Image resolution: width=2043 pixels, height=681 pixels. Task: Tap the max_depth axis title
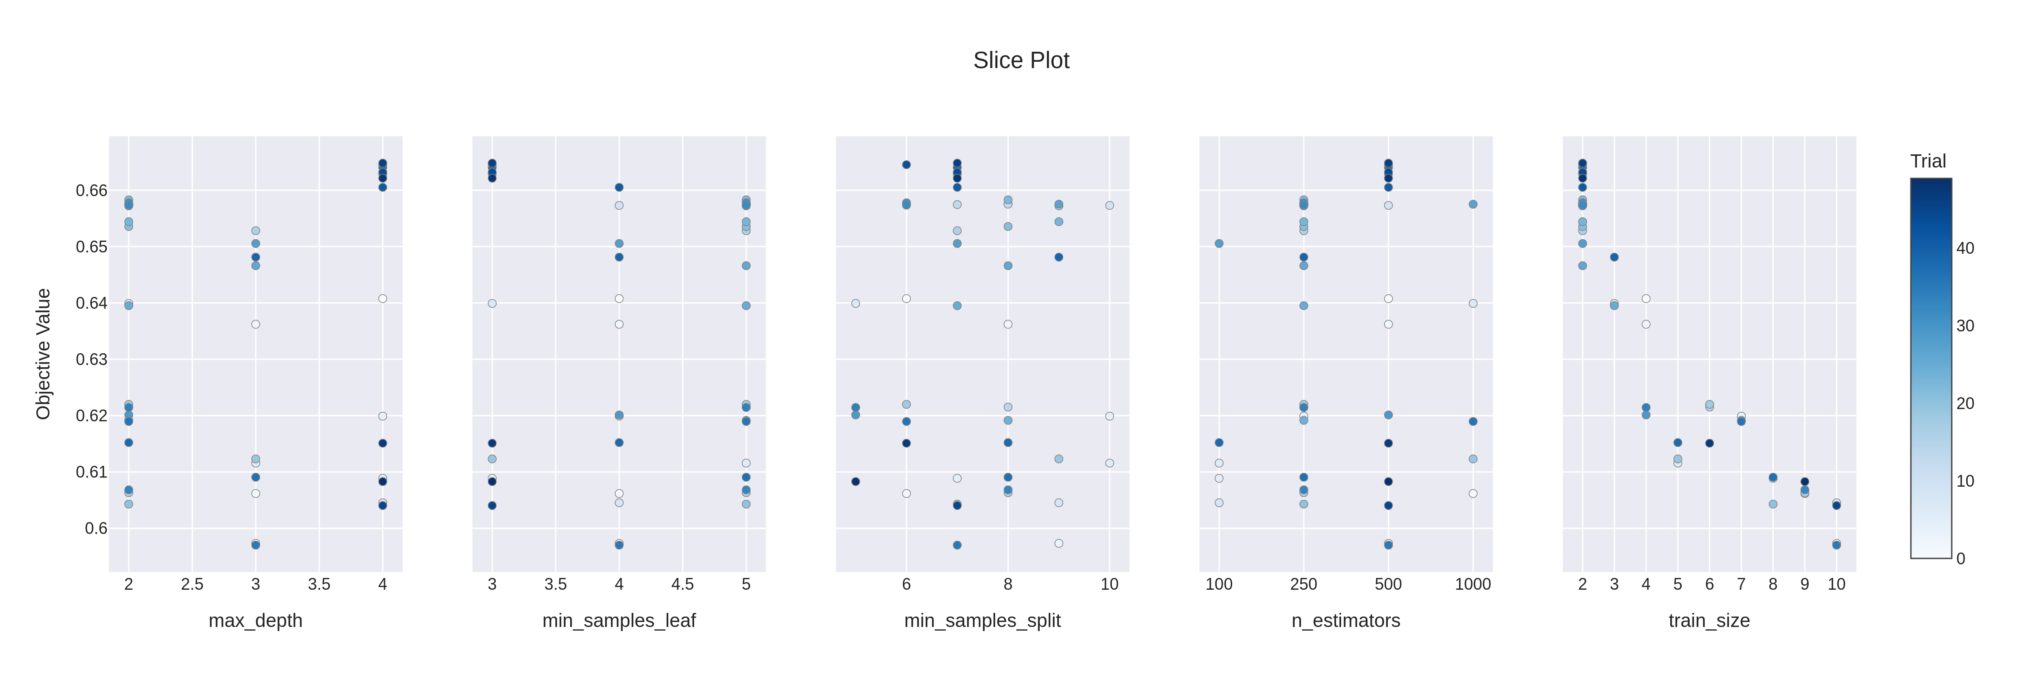click(x=255, y=620)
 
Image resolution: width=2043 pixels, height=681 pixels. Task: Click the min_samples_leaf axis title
click(x=619, y=620)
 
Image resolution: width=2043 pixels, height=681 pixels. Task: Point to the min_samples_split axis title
click(x=982, y=620)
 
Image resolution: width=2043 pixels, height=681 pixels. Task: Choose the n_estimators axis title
click(x=1345, y=620)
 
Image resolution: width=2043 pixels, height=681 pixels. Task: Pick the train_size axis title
click(x=1709, y=620)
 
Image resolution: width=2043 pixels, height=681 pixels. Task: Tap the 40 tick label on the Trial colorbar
click(x=1964, y=248)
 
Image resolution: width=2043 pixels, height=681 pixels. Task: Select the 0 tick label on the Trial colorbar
click(x=1960, y=559)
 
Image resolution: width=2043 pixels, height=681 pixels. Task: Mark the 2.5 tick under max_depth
click(x=192, y=584)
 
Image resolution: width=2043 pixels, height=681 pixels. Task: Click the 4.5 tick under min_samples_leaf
click(x=682, y=584)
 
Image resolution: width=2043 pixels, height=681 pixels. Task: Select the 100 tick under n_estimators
click(x=1219, y=584)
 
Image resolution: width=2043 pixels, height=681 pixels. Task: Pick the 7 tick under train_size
click(x=1741, y=584)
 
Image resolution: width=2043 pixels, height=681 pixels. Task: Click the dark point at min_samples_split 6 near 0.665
click(x=907, y=165)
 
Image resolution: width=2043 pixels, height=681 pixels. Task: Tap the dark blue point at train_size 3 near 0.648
click(x=1614, y=257)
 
